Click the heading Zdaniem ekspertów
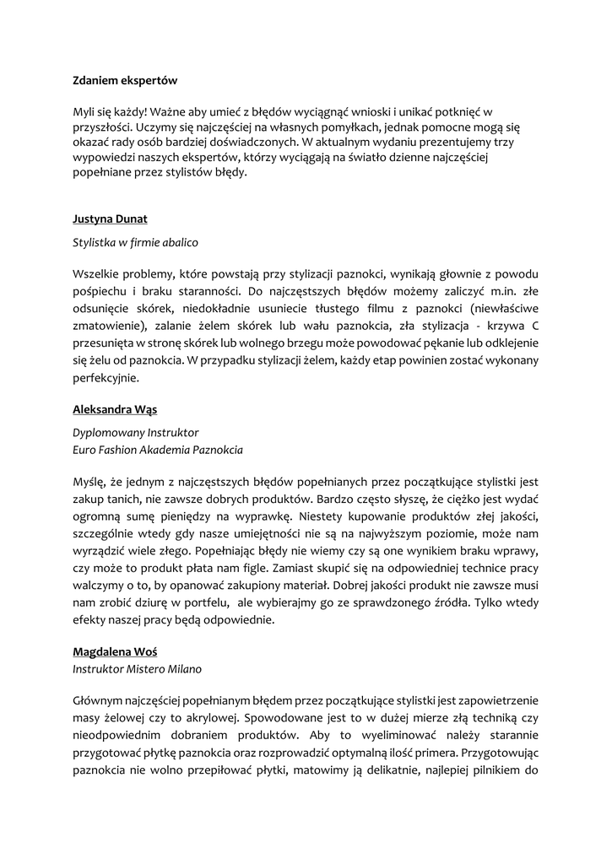[124, 81]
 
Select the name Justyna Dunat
[110, 219]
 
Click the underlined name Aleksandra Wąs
[114, 409]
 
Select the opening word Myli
[84, 111]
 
